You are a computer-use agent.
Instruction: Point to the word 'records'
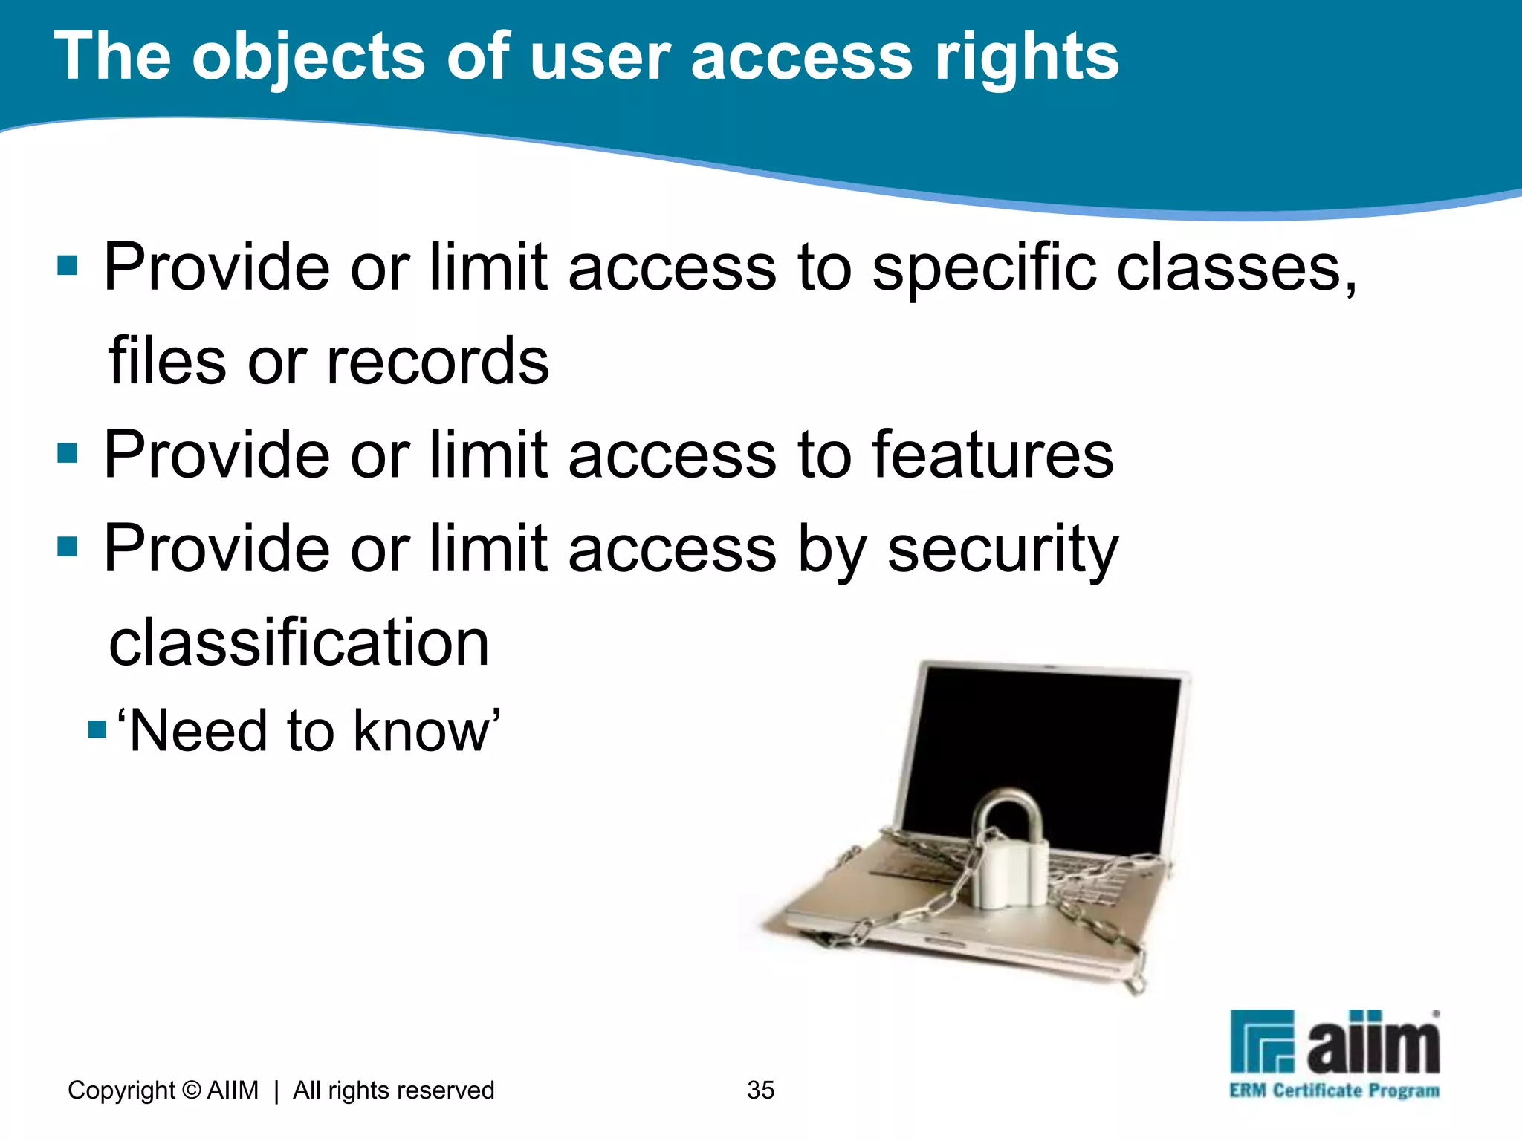point(438,362)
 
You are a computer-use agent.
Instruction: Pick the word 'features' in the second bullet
point(993,455)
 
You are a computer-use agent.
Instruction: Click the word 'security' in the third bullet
point(1003,550)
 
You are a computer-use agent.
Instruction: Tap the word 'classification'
point(299,643)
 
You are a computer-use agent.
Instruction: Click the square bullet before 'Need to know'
point(97,729)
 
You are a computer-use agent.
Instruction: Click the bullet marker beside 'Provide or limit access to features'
point(68,453)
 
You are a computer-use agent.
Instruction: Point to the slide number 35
point(760,1090)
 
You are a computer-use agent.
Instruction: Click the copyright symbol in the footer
point(192,1090)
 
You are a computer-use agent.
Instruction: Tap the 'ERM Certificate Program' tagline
point(1334,1091)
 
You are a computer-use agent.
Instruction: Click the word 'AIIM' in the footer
point(233,1090)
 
